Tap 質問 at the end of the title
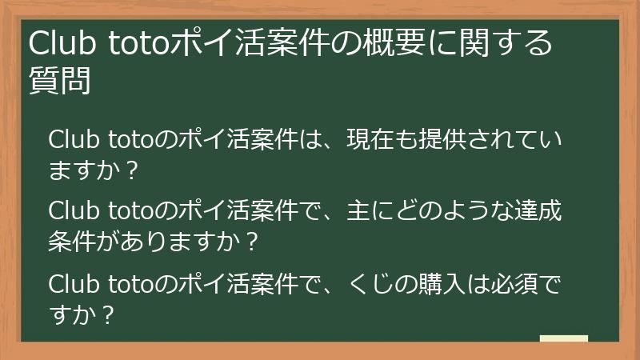coord(58,81)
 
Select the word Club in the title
coord(62,43)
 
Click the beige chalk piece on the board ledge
coord(563,338)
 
